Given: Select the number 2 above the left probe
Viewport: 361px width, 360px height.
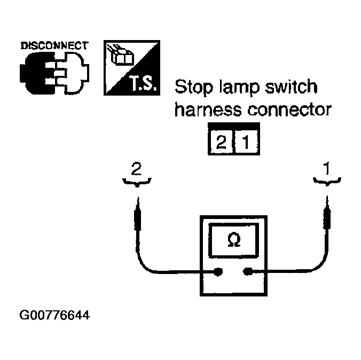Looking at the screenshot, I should (137, 169).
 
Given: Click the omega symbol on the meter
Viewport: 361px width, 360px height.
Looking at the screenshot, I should (233, 240).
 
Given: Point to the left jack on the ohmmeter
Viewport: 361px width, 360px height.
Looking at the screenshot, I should (218, 272).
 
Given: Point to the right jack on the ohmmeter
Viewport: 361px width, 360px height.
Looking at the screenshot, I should (247, 272).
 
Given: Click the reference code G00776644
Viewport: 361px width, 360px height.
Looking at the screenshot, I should (54, 315).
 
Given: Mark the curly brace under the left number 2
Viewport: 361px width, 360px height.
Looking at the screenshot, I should (138, 183).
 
